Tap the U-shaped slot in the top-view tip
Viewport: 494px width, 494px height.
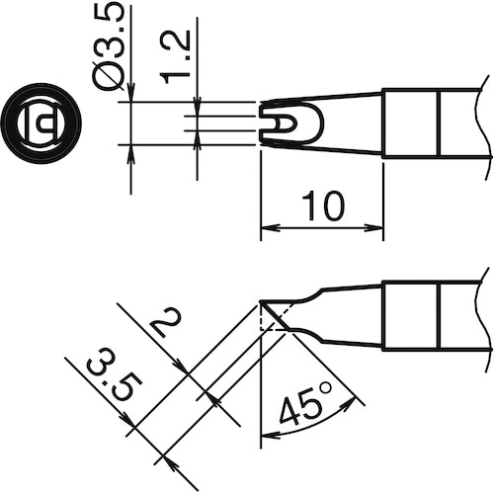[x=284, y=123]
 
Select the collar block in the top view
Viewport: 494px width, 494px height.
[x=411, y=123]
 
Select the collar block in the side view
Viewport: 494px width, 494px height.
[x=411, y=314]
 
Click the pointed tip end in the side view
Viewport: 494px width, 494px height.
[x=262, y=302]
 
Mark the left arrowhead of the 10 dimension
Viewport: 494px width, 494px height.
[x=267, y=231]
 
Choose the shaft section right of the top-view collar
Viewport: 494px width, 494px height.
[x=463, y=123]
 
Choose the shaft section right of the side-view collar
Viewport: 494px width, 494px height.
[x=463, y=314]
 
